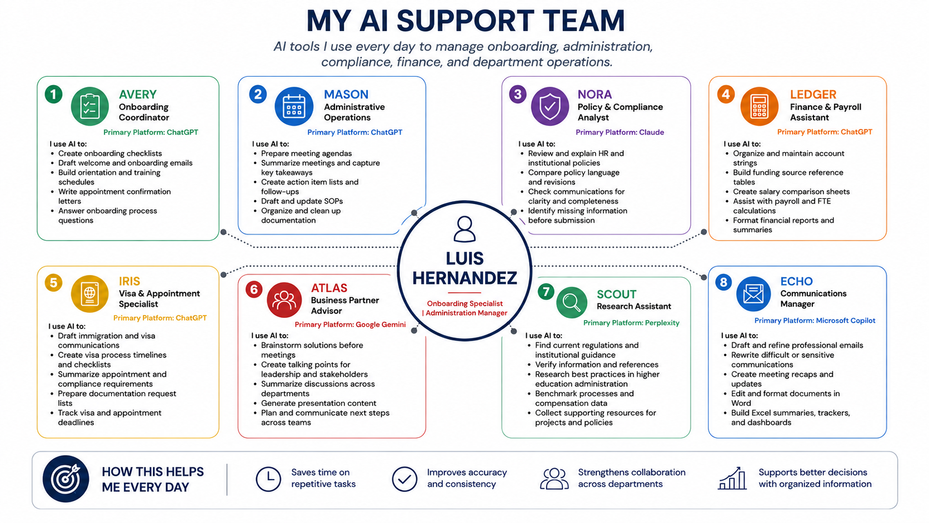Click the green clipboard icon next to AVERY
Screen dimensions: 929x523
(x=89, y=106)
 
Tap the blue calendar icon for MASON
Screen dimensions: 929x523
(x=293, y=106)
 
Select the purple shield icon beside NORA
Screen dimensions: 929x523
(x=550, y=106)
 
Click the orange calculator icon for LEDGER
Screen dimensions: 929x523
(x=760, y=106)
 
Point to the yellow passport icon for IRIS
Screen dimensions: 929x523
(x=89, y=293)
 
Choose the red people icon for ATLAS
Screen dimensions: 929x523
(x=284, y=300)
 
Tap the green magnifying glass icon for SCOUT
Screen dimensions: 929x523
(x=572, y=302)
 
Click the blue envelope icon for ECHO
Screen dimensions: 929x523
(x=753, y=293)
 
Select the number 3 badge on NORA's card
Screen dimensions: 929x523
(x=518, y=94)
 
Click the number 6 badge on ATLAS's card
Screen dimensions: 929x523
(x=254, y=289)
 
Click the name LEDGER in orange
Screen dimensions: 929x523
(x=813, y=94)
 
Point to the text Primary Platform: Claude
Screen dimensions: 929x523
(x=620, y=132)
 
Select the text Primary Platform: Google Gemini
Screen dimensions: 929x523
(x=350, y=325)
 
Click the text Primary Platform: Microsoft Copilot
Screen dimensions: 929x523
(x=815, y=320)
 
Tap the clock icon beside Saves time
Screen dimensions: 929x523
(x=268, y=479)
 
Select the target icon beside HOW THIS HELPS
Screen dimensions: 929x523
(x=66, y=479)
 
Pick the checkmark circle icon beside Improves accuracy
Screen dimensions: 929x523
(x=404, y=479)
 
